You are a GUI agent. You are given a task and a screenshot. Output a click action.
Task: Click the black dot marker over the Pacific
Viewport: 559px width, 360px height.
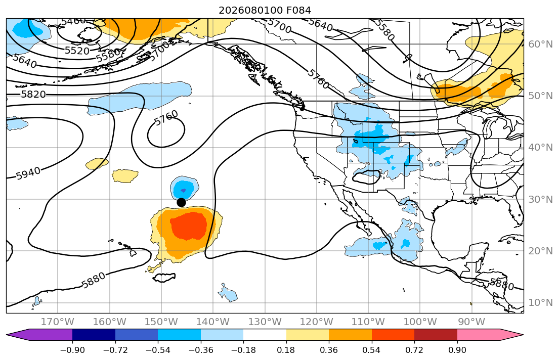click(x=181, y=202)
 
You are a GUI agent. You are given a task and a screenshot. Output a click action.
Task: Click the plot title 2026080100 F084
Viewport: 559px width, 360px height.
click(x=265, y=10)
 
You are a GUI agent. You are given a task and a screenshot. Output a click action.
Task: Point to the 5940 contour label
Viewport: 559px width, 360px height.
click(x=28, y=173)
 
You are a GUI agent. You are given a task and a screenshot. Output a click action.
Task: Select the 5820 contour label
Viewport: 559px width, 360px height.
click(x=33, y=95)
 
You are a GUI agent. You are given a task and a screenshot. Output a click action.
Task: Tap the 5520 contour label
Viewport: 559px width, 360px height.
click(x=77, y=51)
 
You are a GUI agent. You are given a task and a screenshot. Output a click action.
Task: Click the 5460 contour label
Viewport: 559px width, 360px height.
click(x=73, y=21)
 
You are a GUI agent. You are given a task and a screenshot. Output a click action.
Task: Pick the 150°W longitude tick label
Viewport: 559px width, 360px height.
click(x=161, y=322)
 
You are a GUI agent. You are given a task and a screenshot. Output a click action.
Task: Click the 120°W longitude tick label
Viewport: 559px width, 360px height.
click(x=317, y=322)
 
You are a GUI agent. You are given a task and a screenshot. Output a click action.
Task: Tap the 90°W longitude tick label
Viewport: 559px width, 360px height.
click(x=471, y=322)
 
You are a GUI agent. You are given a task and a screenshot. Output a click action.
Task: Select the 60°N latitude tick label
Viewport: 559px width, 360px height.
click(x=540, y=44)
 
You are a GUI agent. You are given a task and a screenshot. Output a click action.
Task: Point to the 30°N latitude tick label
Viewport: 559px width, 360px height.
click(x=540, y=199)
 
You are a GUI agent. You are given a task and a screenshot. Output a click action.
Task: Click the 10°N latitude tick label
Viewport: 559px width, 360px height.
click(x=540, y=303)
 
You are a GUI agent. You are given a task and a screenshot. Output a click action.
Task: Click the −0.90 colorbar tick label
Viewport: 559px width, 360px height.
click(x=72, y=350)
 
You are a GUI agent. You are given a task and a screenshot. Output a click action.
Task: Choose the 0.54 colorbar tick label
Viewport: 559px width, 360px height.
click(x=371, y=350)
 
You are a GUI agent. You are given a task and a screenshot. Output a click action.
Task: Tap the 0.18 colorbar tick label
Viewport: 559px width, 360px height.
click(x=286, y=350)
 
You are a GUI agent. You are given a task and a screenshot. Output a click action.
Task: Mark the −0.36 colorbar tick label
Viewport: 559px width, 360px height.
click(x=201, y=350)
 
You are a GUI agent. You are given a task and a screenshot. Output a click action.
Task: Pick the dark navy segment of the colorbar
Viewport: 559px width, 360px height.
click(x=94, y=335)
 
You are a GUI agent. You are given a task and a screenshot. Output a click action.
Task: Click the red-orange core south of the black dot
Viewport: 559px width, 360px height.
click(x=189, y=226)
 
